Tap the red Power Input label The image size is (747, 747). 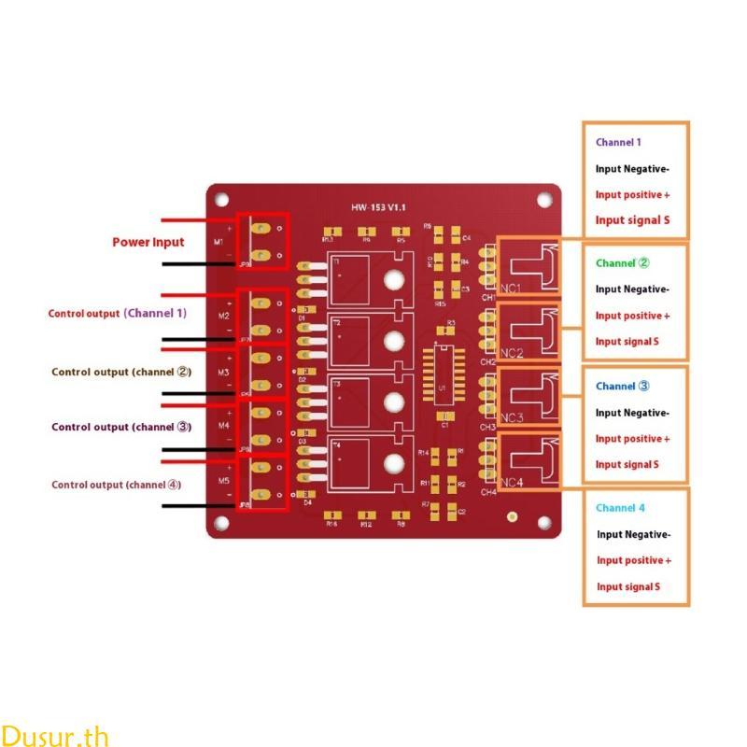pyautogui.click(x=148, y=242)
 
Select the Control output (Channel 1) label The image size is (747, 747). pyautogui.click(x=118, y=314)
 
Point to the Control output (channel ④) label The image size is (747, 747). pyautogui.click(x=117, y=485)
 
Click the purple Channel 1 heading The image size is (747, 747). pyautogui.click(x=618, y=143)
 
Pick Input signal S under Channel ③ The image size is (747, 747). pyautogui.click(x=627, y=464)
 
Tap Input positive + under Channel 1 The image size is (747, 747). pyautogui.click(x=632, y=195)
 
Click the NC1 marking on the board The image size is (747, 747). pyautogui.click(x=511, y=289)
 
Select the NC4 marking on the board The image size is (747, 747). pyautogui.click(x=512, y=483)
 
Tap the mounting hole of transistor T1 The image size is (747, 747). pyautogui.click(x=394, y=279)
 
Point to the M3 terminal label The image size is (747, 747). pyautogui.click(x=224, y=373)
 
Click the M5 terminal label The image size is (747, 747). pyautogui.click(x=224, y=480)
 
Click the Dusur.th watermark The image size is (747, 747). pyautogui.click(x=55, y=735)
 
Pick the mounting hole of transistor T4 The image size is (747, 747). pyautogui.click(x=394, y=462)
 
